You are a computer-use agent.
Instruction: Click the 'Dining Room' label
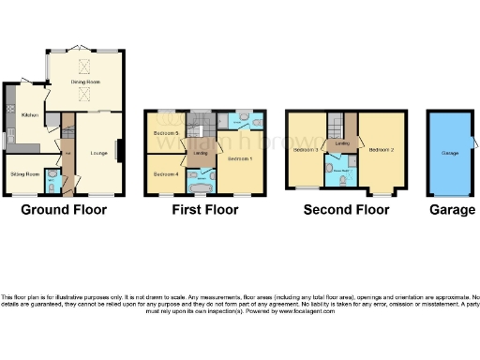click(x=86, y=82)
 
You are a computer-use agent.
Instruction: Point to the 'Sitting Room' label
click(x=25, y=173)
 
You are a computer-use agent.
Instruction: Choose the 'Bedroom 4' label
click(x=165, y=174)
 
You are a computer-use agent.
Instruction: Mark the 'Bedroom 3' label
click(x=306, y=150)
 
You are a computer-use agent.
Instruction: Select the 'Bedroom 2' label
click(x=382, y=150)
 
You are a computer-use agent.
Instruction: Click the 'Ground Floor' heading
click(x=64, y=210)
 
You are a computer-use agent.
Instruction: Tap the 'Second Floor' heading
click(x=346, y=210)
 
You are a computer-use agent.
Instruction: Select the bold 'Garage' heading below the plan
click(x=453, y=210)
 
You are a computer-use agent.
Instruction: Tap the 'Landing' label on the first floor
click(x=201, y=153)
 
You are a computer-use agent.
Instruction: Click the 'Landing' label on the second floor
click(x=344, y=142)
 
